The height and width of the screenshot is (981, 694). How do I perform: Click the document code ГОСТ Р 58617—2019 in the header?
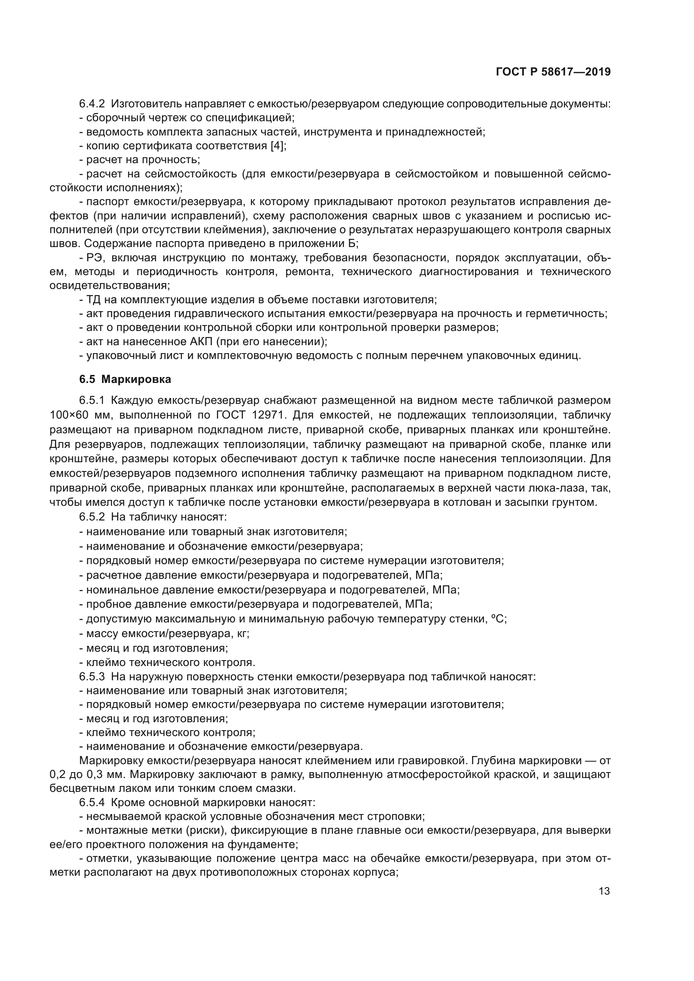(x=553, y=72)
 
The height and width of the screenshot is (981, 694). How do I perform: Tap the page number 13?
(x=604, y=891)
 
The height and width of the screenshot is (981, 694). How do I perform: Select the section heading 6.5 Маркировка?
(x=125, y=379)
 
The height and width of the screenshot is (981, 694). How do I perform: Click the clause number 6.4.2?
(x=92, y=104)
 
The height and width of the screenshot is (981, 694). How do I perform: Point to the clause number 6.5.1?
(x=92, y=401)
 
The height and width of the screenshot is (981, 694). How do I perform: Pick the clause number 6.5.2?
(x=92, y=517)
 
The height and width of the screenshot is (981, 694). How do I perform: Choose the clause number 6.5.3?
(x=92, y=677)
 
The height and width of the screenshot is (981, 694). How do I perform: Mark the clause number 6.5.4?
(x=92, y=802)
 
